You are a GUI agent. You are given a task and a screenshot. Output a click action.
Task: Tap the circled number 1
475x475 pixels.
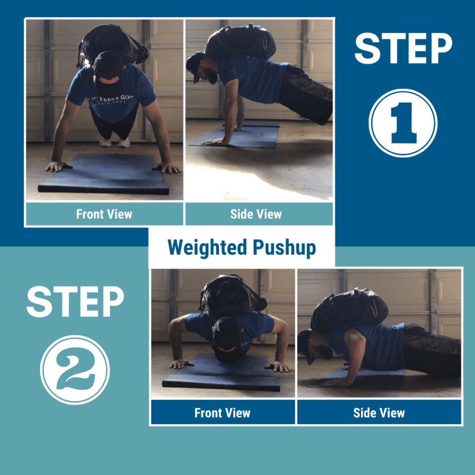click(x=403, y=123)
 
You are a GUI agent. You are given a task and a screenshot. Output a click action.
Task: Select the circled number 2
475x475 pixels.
click(x=75, y=370)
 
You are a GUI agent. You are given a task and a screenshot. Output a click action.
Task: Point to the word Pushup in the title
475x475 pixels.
click(x=284, y=248)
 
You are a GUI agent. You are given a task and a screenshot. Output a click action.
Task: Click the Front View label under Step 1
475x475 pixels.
click(x=104, y=214)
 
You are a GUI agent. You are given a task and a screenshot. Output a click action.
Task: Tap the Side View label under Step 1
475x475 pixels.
click(x=256, y=214)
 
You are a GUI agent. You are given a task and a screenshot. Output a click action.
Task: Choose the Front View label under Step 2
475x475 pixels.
click(x=222, y=412)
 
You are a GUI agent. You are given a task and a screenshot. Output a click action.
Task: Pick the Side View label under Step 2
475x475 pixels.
click(x=379, y=412)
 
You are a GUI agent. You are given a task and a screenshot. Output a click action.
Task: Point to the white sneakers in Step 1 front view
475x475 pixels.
click(x=115, y=142)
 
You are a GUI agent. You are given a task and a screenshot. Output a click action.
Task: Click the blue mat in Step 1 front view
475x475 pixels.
click(x=104, y=174)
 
